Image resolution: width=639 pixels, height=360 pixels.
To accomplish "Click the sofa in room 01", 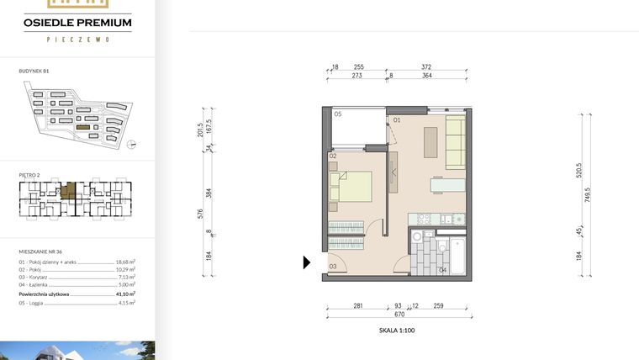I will click(455, 143).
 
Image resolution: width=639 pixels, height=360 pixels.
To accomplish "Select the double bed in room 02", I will click(353, 187).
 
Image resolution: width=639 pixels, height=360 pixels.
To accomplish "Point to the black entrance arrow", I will click(307, 262).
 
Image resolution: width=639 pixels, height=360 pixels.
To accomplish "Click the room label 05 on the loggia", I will click(337, 114).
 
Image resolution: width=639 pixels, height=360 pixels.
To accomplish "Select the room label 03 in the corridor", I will click(333, 267).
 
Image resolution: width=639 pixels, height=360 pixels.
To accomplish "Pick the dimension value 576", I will click(201, 214).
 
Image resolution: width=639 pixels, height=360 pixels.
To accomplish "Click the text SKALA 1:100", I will click(397, 331).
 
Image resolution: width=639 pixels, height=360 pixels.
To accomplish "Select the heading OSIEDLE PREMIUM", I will click(77, 23).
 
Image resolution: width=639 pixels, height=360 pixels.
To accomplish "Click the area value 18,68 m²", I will click(125, 262).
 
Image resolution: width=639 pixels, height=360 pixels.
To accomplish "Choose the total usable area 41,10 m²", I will click(125, 294).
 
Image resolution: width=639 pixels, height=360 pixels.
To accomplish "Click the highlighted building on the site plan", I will click(82, 127).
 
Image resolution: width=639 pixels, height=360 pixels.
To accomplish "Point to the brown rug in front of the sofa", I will click(430, 140).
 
